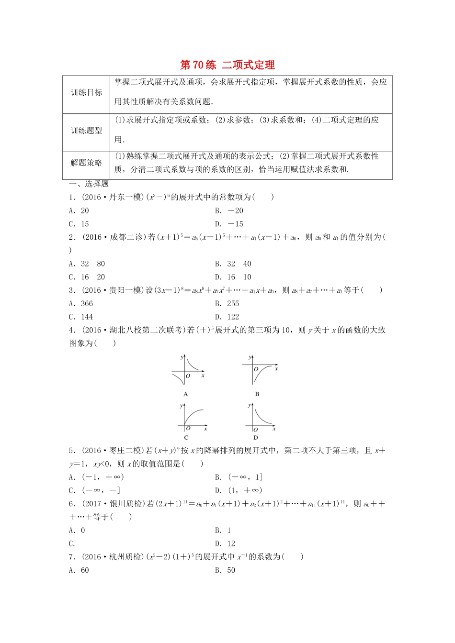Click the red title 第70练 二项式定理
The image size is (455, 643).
227,65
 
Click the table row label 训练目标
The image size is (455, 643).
87,93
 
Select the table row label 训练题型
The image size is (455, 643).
87,131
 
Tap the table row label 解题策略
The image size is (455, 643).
87,163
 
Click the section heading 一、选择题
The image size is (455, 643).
89,184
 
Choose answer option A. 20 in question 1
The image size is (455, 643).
79,211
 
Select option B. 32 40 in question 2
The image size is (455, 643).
233,264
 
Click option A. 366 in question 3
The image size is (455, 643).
81,304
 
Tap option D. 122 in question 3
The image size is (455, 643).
227,317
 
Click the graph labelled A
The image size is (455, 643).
187,370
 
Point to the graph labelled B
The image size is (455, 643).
259,370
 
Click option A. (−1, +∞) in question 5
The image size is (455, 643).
96,477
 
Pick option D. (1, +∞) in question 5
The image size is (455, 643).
238,490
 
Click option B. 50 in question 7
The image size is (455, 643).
225,570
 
